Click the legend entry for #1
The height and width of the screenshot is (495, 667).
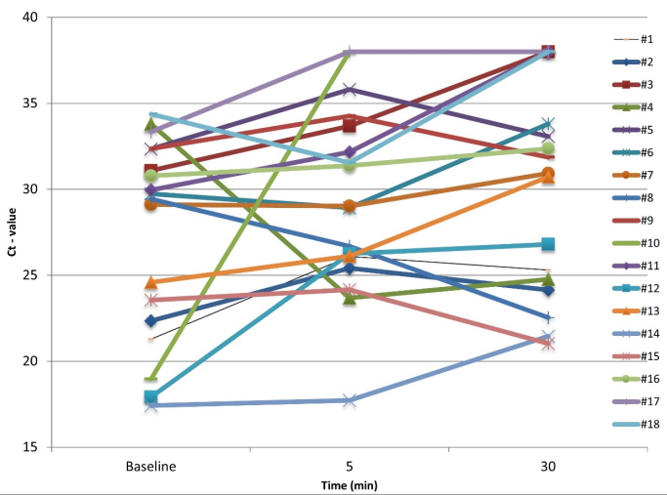point(634,40)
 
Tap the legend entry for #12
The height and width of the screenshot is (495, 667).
point(634,289)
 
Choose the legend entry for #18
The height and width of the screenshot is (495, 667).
point(634,425)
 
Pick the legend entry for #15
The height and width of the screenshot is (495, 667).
point(634,357)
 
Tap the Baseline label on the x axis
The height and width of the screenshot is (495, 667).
point(151,468)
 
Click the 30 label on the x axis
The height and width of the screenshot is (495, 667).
point(547,468)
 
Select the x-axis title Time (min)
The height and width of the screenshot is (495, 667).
point(350,485)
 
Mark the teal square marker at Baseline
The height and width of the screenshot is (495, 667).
point(151,397)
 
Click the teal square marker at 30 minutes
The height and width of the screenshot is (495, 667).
point(548,244)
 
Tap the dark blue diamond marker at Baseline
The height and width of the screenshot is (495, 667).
point(151,321)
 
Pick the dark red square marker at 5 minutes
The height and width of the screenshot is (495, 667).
point(350,126)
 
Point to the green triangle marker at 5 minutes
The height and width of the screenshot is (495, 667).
point(350,298)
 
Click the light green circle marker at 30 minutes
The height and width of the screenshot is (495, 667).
point(548,149)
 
